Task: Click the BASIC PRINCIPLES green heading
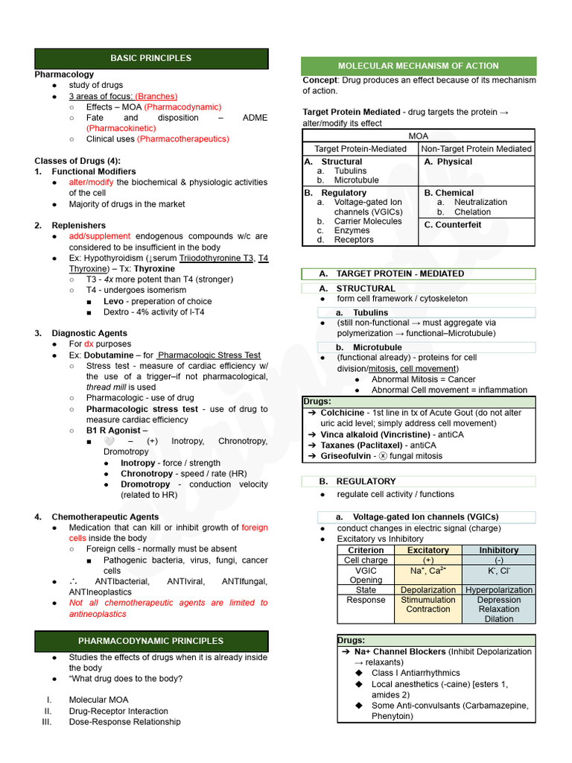click(150, 58)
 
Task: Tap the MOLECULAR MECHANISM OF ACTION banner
click(418, 66)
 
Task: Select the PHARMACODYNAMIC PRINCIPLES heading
click(150, 641)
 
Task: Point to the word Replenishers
click(78, 225)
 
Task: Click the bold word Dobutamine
click(109, 355)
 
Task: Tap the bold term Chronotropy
click(147, 474)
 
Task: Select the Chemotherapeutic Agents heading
click(105, 516)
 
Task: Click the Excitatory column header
click(428, 550)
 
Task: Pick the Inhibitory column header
click(499, 550)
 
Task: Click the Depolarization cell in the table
click(428, 589)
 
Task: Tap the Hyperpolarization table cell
click(499, 589)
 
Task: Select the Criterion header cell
click(366, 550)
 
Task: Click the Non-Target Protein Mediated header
click(477, 149)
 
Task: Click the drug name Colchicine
click(343, 413)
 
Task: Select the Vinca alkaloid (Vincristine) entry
click(365, 434)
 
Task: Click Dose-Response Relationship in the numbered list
click(124, 722)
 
